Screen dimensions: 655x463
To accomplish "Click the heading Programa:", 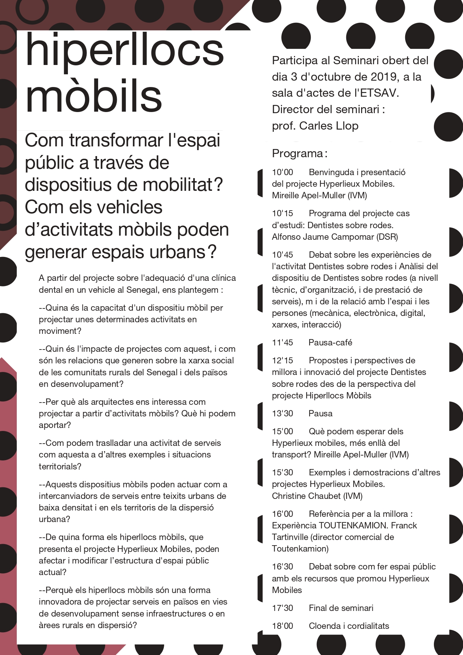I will tap(300, 153).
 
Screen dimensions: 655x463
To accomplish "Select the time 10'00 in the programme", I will tap(282, 173).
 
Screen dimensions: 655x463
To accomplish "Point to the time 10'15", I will tap(282, 214).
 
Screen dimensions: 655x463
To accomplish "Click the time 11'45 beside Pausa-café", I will tap(282, 342).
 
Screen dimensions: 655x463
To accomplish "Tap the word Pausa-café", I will tap(330, 342).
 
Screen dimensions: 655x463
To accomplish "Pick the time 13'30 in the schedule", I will tap(282, 413).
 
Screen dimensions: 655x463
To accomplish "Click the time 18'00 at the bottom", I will tap(282, 626).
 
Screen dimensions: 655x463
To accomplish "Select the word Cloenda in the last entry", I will tap(324, 626).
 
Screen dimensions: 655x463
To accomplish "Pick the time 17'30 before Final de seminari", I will tap(282, 608).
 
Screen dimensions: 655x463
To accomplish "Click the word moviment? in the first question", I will tap(60, 331).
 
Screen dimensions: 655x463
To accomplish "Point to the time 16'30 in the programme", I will tap(282, 566).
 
